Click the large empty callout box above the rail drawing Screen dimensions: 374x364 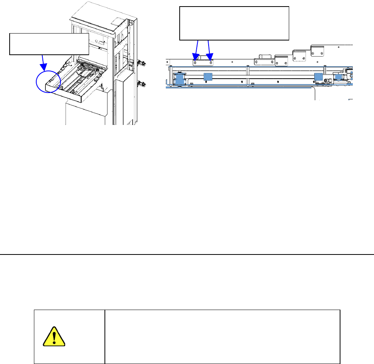click(x=234, y=23)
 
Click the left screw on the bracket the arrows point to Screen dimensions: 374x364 click(x=196, y=62)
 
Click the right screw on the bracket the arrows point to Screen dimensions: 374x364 click(x=211, y=62)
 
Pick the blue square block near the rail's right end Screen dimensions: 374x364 click(x=318, y=76)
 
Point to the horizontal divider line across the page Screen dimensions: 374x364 click(x=187, y=254)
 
